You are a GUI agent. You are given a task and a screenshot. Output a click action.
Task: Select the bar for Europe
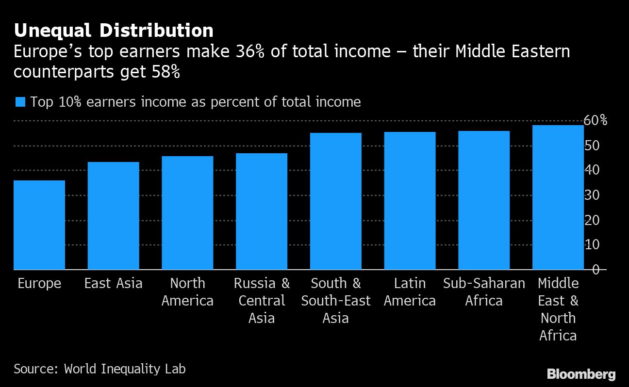click(x=39, y=225)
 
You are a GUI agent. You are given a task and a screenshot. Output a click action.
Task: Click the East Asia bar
click(x=113, y=216)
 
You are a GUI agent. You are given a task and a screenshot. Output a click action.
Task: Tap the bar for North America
click(x=187, y=213)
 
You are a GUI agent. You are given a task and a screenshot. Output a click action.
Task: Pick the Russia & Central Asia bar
click(x=262, y=211)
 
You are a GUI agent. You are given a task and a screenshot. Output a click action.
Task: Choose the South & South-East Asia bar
click(x=336, y=201)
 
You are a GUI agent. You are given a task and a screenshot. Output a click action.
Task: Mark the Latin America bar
click(x=410, y=201)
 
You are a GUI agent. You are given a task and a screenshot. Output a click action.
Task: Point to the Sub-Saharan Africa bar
click(x=484, y=200)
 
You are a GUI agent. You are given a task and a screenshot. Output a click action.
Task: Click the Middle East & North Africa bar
click(x=558, y=197)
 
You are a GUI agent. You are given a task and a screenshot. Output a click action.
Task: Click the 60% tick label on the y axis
click(x=596, y=120)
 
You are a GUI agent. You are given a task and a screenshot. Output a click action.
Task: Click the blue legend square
click(x=20, y=102)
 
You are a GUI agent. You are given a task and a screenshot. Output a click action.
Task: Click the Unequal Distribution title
click(x=114, y=31)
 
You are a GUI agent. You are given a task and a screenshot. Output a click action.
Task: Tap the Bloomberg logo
click(x=581, y=374)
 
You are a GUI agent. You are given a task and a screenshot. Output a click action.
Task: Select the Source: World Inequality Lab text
click(x=99, y=369)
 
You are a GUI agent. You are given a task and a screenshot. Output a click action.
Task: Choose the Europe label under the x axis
click(x=39, y=284)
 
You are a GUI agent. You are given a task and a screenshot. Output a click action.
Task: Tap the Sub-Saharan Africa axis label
click(x=484, y=292)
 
